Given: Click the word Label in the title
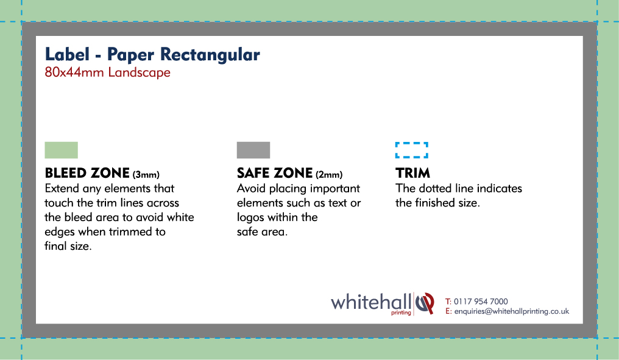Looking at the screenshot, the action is point(67,54).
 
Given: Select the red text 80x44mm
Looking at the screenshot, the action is point(74,72).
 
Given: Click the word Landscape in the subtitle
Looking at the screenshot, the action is point(140,73).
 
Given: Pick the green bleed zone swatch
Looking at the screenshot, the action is point(61,150).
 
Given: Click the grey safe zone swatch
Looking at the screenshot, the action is point(253,150).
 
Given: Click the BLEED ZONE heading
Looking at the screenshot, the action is point(87,173).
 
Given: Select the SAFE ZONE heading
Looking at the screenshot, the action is point(275,173).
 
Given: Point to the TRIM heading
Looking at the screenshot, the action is point(413,173).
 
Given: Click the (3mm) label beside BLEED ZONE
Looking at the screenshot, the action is point(146,174).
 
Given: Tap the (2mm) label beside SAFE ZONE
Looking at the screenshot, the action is point(329,174).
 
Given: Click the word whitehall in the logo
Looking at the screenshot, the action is point(371,302).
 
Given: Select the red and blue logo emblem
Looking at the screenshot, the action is point(425,303).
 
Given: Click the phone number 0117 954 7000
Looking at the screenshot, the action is point(481,302).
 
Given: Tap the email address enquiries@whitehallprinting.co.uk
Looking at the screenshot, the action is point(512,311).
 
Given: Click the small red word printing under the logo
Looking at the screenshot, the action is point(401,312).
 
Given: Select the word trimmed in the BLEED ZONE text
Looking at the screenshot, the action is point(129,231).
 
